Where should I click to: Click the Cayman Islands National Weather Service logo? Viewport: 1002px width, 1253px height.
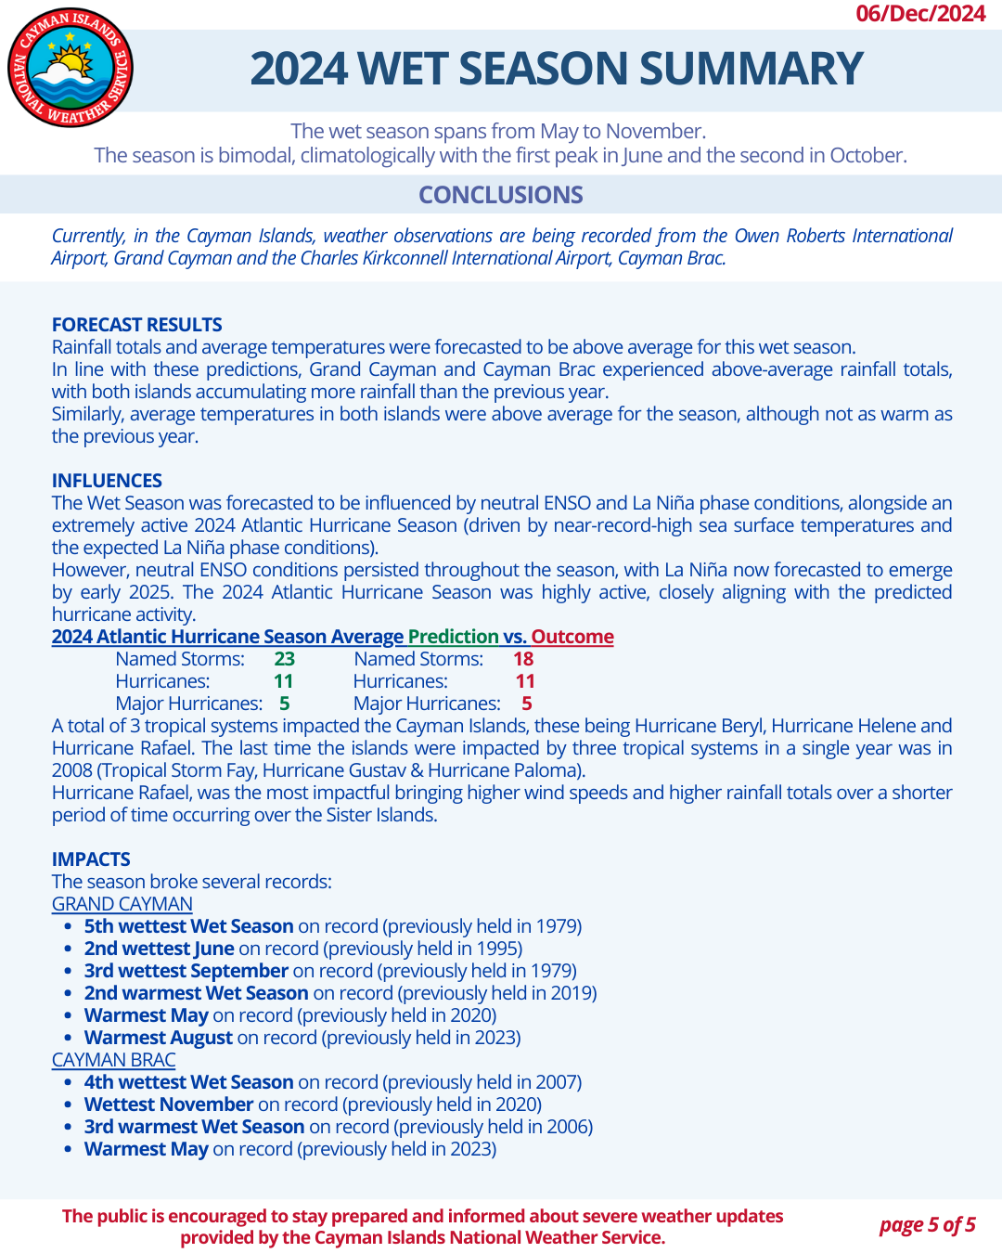tap(71, 67)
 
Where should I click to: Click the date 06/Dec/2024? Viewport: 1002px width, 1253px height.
tap(920, 13)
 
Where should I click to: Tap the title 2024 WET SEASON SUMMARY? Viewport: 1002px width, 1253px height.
tap(557, 69)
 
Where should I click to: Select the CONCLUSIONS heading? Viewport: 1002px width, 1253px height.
tap(501, 195)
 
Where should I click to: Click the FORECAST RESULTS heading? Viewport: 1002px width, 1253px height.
tap(137, 325)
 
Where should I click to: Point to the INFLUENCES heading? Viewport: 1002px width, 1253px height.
tap(107, 481)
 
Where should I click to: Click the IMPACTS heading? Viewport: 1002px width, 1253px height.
tap(91, 859)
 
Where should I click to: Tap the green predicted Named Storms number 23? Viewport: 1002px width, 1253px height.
tap(284, 659)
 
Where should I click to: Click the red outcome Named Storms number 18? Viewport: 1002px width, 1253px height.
tap(523, 659)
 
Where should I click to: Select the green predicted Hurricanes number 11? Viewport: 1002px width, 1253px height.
tap(284, 681)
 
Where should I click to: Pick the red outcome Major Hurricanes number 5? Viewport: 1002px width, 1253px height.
tap(526, 704)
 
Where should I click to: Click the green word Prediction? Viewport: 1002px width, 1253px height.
tap(454, 637)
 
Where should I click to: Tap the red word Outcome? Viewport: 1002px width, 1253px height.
tap(572, 637)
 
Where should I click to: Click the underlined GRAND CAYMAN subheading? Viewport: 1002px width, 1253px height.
tap(122, 904)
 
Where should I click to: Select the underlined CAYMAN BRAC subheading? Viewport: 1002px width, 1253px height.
tap(113, 1060)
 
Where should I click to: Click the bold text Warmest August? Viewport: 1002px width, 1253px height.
tap(159, 1038)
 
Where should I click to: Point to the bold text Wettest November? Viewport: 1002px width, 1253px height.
tap(169, 1104)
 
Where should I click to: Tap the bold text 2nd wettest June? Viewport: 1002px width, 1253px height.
tap(160, 949)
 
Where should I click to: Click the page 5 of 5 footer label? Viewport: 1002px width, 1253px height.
tap(927, 1225)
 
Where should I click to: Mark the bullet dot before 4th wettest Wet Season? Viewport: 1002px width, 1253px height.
tap(68, 1083)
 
